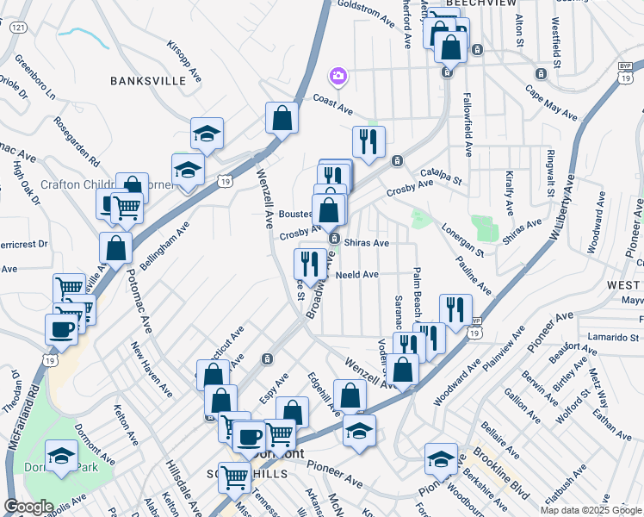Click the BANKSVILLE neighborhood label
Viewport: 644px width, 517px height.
147,80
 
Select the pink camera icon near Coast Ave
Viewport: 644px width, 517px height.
337,78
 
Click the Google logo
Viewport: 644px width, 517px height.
28,507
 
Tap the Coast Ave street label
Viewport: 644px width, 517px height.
333,105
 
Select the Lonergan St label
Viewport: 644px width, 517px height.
462,238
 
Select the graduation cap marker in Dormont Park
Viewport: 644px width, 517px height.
61,458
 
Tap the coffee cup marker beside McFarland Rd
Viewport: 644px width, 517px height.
61,327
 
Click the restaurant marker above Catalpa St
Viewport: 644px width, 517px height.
368,143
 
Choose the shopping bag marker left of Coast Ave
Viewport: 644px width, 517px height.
282,119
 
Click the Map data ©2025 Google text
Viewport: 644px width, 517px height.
591,510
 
